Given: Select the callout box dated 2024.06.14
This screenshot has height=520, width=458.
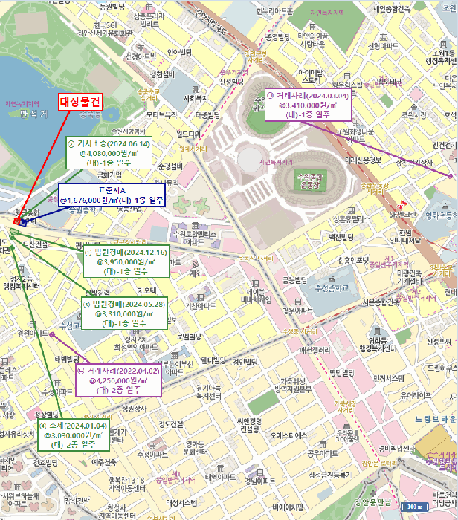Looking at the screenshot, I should click(x=109, y=154).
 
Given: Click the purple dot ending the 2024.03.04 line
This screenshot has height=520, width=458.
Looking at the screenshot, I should click(x=451, y=175).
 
